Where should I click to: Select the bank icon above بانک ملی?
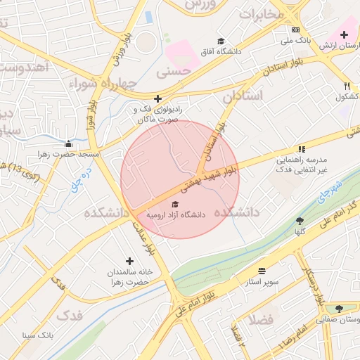coord(295,30)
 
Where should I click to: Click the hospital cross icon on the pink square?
coord(345,34)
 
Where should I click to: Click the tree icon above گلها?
coord(300,220)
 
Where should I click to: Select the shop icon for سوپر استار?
coord(262,271)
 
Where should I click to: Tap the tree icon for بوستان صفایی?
coord(339,308)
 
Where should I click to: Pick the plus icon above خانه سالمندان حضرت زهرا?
coord(129,261)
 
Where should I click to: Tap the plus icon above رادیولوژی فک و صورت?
coord(157,99)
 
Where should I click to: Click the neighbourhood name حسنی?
coord(173,71)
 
